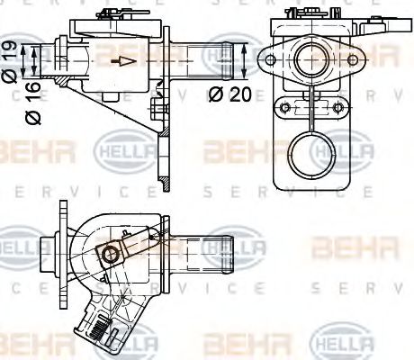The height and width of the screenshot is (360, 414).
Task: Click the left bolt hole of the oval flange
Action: (x=267, y=62)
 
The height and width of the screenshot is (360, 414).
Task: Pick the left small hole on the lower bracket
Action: (x=284, y=109)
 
